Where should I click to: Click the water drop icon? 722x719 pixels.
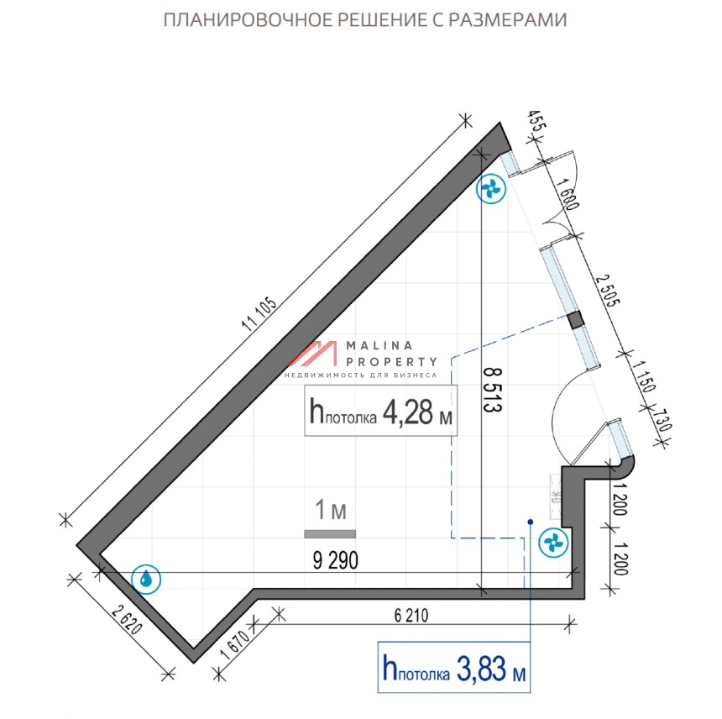click(x=146, y=579)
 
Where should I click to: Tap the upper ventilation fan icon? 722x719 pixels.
click(x=491, y=188)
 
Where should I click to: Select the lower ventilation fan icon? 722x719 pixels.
click(x=553, y=543)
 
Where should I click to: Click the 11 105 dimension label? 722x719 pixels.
click(x=259, y=314)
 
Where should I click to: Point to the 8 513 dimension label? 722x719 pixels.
click(x=492, y=390)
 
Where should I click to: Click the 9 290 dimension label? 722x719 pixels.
click(x=335, y=560)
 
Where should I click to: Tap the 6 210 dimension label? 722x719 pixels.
click(x=411, y=616)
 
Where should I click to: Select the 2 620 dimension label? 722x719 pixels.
click(x=127, y=621)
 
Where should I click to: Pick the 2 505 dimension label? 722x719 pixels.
click(x=609, y=290)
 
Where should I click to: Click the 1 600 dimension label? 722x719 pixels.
click(x=568, y=194)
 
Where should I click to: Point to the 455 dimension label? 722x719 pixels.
click(x=536, y=121)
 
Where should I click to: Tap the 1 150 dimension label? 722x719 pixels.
click(x=643, y=376)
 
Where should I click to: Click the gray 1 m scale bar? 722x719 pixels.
click(x=330, y=534)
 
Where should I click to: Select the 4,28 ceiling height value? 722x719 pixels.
click(x=407, y=412)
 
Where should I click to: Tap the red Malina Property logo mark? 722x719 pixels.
click(x=313, y=354)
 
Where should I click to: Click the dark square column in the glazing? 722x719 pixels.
click(x=576, y=320)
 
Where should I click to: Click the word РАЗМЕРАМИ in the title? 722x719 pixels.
click(x=508, y=20)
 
